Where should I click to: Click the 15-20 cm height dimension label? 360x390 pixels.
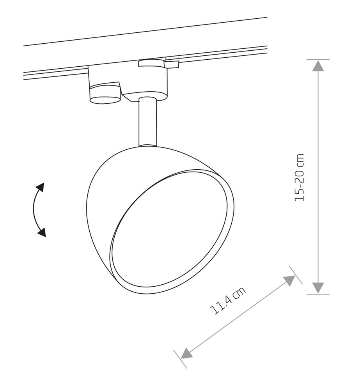(299, 177)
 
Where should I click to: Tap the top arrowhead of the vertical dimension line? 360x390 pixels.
(318, 66)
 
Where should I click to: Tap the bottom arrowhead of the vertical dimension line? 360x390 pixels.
(318, 288)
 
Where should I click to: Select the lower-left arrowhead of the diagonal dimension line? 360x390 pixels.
(186, 353)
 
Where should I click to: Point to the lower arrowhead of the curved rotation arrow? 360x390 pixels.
(42, 232)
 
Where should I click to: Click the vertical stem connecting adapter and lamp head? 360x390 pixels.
(148, 121)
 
